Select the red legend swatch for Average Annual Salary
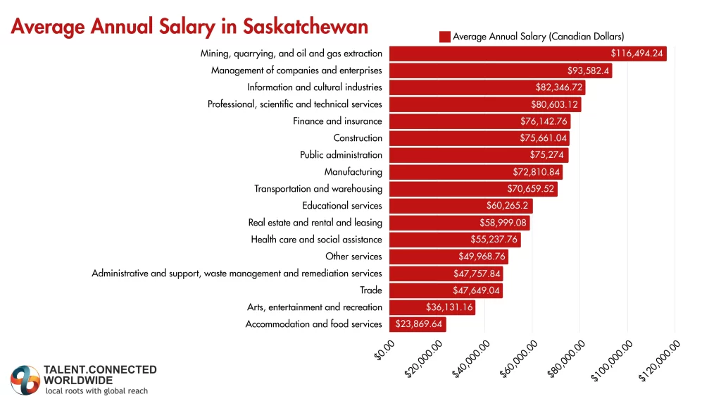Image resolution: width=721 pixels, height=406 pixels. (x=444, y=37)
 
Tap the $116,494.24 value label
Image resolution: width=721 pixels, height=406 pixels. (x=637, y=54)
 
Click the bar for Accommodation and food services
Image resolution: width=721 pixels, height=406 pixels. (x=418, y=324)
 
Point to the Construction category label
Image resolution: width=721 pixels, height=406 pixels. (x=358, y=138)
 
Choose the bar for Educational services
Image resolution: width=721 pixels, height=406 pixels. (x=460, y=206)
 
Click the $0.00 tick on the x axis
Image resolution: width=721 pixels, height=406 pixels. (x=385, y=350)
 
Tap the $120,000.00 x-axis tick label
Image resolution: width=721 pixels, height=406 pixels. (x=660, y=359)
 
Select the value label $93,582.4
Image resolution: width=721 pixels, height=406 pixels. (x=589, y=70)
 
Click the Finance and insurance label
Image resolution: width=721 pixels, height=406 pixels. (x=337, y=121)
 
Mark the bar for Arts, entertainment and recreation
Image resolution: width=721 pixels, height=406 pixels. (x=432, y=307)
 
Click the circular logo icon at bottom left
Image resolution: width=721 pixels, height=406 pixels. (x=25, y=381)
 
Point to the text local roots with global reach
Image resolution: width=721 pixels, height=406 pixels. (x=96, y=390)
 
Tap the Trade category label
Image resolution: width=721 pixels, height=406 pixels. (x=370, y=290)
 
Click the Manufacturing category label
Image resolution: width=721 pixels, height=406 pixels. (x=353, y=172)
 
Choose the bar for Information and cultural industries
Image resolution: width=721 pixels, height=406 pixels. (x=486, y=87)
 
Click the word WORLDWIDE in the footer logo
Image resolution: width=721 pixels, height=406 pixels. (x=78, y=380)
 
